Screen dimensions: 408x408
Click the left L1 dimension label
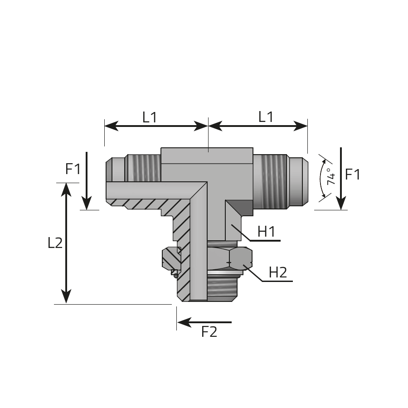tap(150, 117)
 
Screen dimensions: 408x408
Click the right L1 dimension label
tap(266, 117)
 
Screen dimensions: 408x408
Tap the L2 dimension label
tap(55, 243)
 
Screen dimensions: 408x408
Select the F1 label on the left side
tap(73, 169)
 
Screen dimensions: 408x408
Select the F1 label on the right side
tap(353, 174)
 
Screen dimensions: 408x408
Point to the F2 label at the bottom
tap(209, 332)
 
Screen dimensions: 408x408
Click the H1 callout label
tap(267, 231)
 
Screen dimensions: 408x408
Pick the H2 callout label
tap(278, 272)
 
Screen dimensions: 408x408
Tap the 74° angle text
tap(331, 176)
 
